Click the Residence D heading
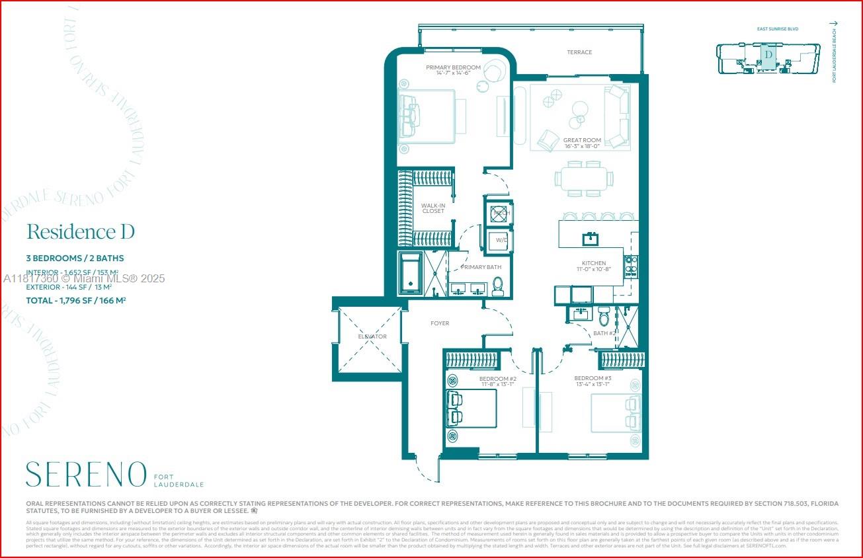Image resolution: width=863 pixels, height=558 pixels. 81,232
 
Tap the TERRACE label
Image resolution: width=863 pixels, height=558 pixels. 579,52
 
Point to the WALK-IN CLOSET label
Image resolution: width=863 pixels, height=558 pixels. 433,208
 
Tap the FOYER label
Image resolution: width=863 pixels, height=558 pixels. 440,323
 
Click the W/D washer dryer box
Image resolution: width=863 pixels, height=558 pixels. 499,240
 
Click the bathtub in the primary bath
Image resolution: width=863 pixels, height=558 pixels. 411,274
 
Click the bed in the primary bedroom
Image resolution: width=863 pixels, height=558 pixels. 427,116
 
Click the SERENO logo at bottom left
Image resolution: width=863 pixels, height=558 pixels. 86,475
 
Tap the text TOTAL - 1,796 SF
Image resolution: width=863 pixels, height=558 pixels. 76,299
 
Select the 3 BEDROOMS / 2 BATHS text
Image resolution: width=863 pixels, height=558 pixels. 75,258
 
